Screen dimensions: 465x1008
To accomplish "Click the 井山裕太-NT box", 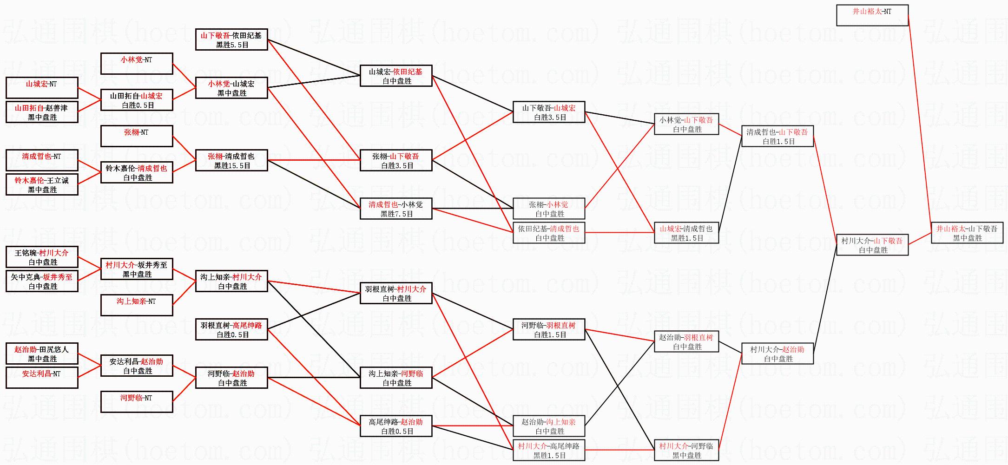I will click(x=872, y=15).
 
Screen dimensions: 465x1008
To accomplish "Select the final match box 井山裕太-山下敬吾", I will click(x=967, y=233).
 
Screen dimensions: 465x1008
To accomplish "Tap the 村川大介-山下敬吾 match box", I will click(x=872, y=245).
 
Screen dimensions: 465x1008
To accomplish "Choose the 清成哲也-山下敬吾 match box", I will click(x=777, y=136).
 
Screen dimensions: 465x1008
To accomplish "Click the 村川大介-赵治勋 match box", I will click(x=777, y=354).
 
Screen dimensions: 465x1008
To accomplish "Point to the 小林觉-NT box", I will click(x=137, y=64).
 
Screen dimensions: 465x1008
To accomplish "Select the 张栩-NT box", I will click(x=137, y=136).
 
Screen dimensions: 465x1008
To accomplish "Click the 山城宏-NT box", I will click(x=42, y=88).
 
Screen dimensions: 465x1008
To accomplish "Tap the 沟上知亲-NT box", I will click(x=137, y=305).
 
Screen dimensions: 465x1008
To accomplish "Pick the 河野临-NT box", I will click(x=137, y=402).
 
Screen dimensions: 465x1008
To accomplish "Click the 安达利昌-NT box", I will click(x=42, y=378).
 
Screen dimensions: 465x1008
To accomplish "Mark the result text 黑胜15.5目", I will click(x=232, y=166).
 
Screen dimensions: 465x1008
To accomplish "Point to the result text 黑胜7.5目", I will click(x=396, y=214).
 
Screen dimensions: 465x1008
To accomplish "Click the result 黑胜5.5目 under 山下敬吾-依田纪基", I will click(x=232, y=45).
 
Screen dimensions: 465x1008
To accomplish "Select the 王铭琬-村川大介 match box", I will click(x=42, y=257).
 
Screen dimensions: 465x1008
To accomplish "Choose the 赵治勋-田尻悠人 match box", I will click(x=42, y=354).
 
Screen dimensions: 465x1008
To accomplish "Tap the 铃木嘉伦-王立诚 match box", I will click(x=42, y=184).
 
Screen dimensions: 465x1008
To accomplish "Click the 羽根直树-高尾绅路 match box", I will click(x=231, y=329).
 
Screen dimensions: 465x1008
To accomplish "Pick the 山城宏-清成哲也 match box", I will click(x=686, y=233).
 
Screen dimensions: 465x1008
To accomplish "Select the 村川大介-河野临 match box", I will click(x=686, y=450).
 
